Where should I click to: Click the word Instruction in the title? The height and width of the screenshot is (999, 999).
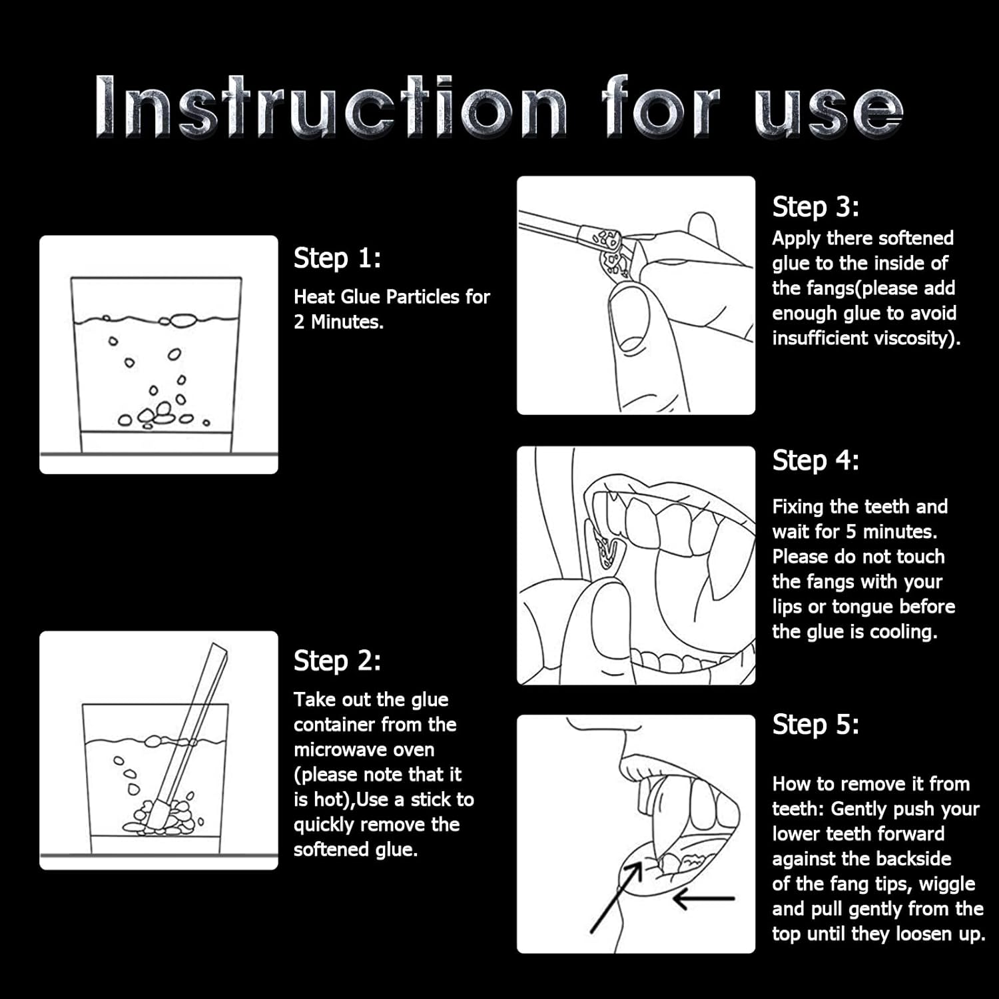pos(331,107)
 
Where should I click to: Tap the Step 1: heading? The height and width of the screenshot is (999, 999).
pos(337,258)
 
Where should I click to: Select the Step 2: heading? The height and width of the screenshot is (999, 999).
pos(337,661)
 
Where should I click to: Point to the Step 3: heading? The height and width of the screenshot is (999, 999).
pos(816,207)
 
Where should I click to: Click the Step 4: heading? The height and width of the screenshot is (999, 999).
pos(816,460)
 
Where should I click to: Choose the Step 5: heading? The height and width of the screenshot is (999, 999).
pos(816,724)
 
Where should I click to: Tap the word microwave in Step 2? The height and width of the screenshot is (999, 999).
pos(364,750)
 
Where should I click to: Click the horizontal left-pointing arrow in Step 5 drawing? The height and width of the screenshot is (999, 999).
pos(704,898)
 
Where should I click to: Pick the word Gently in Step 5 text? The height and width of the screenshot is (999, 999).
pos(859,809)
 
